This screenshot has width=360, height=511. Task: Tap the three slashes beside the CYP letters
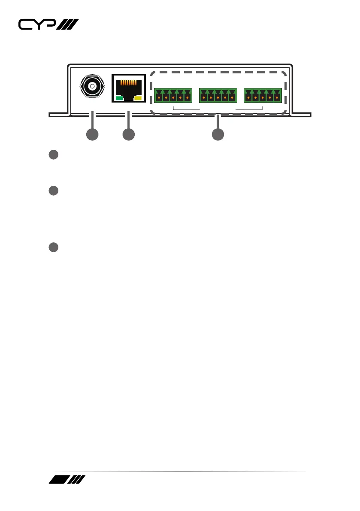pos(68,25)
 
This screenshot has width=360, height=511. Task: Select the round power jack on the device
pos(91,88)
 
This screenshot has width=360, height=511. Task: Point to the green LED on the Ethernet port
pos(120,99)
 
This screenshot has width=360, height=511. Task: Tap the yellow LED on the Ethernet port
pos(138,99)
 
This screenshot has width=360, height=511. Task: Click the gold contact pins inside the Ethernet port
pos(129,83)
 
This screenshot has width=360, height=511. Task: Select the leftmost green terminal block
pos(173,96)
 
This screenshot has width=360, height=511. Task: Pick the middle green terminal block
pos(218,96)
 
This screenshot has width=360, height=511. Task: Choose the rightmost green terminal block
pos(263,96)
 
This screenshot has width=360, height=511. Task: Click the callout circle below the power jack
pos(92,134)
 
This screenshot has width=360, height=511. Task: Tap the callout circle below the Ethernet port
pos(128,134)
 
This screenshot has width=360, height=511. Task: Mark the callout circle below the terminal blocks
pos(218,134)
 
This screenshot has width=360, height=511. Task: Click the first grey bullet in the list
pos(53,155)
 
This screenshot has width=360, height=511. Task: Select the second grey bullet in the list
pos(53,191)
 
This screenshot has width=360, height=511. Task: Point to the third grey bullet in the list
pos(53,248)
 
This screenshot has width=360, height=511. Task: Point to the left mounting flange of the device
pos(58,115)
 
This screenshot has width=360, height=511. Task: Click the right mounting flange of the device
pos(302,115)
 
